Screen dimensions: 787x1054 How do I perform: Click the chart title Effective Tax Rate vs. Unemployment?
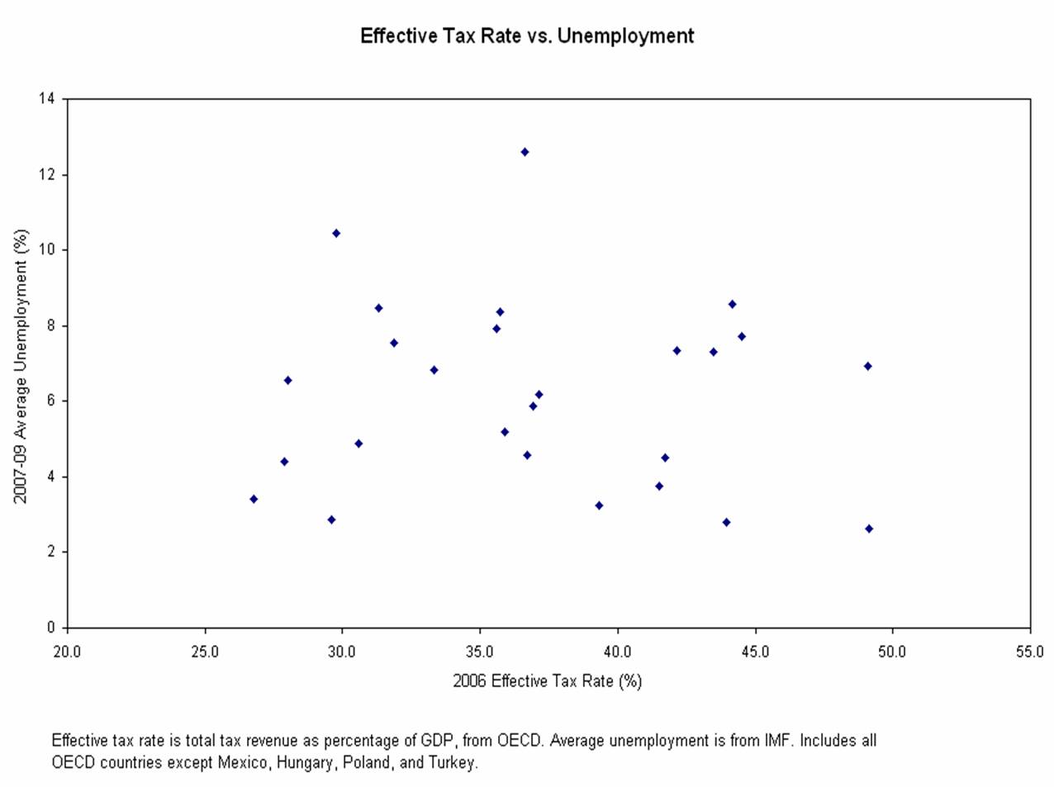tap(527, 36)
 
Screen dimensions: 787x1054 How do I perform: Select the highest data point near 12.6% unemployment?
tap(525, 152)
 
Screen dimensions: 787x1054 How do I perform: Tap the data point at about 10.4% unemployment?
tap(336, 233)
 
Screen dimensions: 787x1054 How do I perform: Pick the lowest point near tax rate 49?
tap(869, 529)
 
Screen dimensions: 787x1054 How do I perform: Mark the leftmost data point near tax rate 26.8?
tap(254, 499)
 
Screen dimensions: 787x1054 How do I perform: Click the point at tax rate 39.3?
tap(599, 505)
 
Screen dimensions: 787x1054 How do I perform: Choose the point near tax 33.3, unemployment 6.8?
tap(434, 370)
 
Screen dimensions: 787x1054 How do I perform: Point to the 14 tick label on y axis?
tap(46, 99)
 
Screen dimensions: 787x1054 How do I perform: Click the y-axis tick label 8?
tap(50, 325)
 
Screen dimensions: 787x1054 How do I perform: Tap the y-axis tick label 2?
tap(50, 552)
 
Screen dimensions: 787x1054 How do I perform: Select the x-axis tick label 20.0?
tap(67, 652)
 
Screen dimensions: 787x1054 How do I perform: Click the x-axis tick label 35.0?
tap(480, 652)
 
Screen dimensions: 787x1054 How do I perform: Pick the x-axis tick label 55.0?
tap(1030, 652)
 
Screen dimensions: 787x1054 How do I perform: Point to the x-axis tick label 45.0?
tap(755, 652)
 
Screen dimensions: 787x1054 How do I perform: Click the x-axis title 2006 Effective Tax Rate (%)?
tap(547, 681)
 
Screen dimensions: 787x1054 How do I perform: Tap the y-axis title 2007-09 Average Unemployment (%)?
tap(21, 365)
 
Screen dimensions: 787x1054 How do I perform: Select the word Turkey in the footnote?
tap(452, 762)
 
